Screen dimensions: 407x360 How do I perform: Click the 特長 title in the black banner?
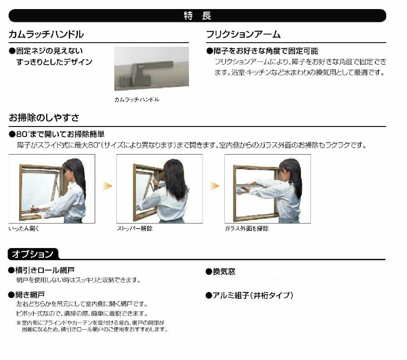198,16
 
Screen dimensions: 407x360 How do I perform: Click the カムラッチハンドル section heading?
46,34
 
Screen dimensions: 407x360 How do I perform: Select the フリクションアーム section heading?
243,34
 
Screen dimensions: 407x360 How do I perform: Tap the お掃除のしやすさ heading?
44,118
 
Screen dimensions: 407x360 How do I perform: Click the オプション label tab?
33,254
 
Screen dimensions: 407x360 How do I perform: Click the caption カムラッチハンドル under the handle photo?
137,99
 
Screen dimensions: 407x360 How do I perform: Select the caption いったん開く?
24,229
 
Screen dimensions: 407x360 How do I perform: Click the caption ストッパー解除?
135,229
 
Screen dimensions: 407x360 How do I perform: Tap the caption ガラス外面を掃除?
247,229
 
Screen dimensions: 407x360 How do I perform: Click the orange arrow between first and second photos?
107,186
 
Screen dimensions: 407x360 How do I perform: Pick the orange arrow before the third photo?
215,186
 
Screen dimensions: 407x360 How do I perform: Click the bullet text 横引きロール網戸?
42,270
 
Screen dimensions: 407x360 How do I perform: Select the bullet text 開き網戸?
27,295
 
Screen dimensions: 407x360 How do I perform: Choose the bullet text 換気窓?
221,272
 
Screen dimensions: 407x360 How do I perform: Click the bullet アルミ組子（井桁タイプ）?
249,295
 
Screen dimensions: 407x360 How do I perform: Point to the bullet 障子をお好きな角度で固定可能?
262,51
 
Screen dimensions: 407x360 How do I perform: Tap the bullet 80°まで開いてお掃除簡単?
57,134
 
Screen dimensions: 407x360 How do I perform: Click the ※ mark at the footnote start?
19,323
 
